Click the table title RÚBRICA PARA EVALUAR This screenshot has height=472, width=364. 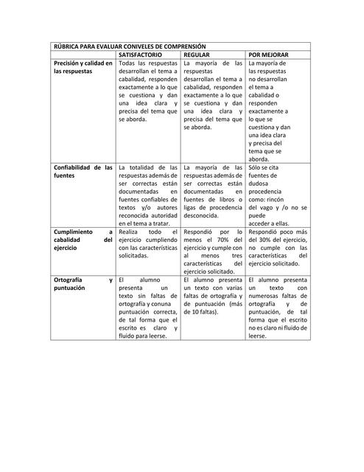pos(130,46)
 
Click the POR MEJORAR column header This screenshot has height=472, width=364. pos(269,55)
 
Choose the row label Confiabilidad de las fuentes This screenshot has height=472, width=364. pos(83,172)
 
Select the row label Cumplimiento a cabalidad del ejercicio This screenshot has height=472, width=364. pos(83,240)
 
